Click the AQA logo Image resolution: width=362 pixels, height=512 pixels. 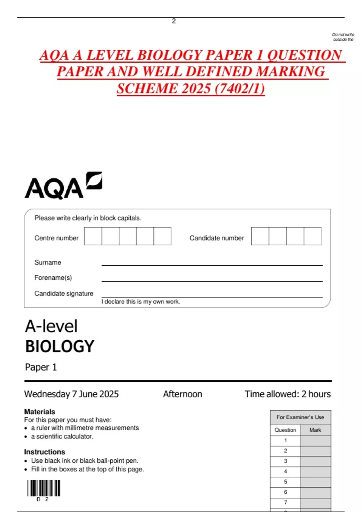click(x=63, y=186)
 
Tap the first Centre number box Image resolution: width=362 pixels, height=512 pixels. click(x=93, y=236)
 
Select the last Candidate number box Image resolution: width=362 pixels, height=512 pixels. click(x=313, y=236)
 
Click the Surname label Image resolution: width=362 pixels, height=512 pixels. click(x=48, y=262)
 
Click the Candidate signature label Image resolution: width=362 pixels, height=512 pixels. click(x=64, y=293)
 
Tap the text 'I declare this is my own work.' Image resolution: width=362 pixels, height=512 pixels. click(x=141, y=301)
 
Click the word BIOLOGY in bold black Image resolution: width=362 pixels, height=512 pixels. click(x=60, y=346)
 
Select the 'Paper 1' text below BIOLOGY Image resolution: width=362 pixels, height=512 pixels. click(x=41, y=367)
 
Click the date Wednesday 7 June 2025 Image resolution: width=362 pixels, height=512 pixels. click(x=71, y=394)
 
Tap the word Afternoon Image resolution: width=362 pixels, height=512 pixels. click(x=183, y=394)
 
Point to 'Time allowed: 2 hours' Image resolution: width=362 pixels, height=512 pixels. click(x=287, y=394)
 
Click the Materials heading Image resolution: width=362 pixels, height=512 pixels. click(x=40, y=412)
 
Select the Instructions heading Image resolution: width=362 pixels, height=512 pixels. click(x=45, y=452)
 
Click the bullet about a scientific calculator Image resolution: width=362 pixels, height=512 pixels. click(x=62, y=436)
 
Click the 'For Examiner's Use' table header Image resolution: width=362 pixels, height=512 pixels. click(x=300, y=417)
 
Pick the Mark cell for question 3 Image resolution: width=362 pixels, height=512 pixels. click(x=316, y=461)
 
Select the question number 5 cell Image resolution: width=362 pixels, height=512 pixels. click(x=285, y=482)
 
